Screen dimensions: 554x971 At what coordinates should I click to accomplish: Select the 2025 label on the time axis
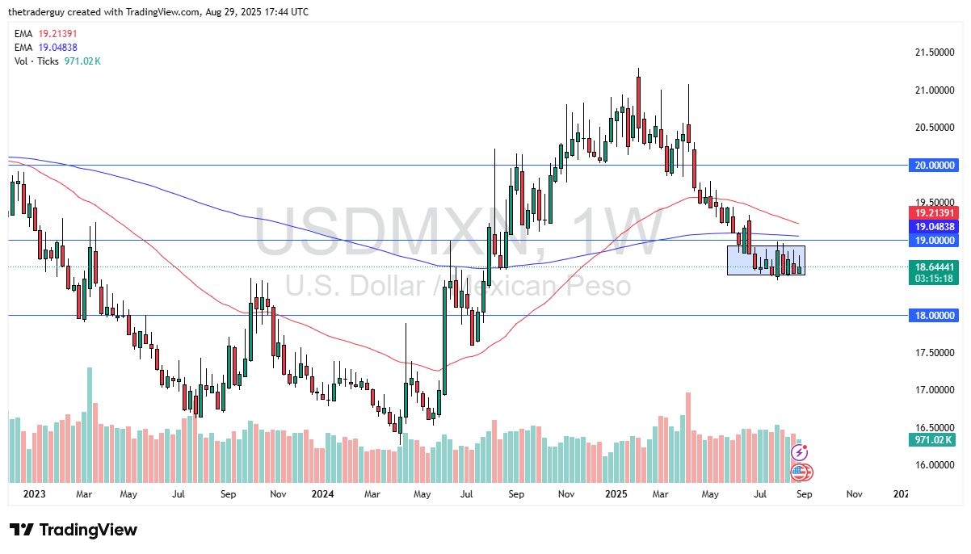[x=617, y=494]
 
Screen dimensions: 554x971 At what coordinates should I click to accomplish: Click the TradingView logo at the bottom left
[x=74, y=531]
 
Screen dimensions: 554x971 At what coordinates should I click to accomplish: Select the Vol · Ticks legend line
[x=57, y=61]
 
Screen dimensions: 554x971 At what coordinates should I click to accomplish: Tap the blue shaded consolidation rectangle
[x=765, y=260]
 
